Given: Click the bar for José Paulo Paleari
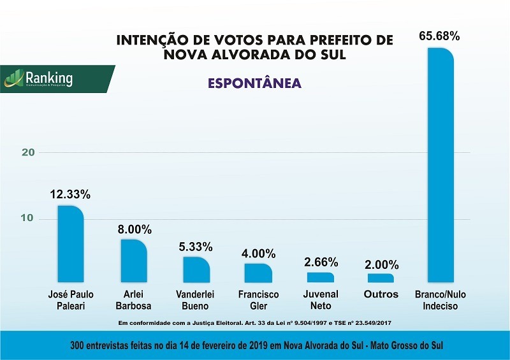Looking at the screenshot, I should [x=71, y=244].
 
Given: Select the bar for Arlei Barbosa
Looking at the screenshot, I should [x=134, y=261].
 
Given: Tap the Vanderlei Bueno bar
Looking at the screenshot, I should [x=196, y=270].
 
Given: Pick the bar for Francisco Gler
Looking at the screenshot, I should [x=258, y=273].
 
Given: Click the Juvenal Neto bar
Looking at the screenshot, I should [x=320, y=277].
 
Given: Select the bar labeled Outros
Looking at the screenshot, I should [x=381, y=278].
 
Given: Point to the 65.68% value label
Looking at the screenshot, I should [x=439, y=36].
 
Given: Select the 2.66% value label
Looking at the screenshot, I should [x=321, y=262].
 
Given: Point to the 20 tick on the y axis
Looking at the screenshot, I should [x=27, y=152].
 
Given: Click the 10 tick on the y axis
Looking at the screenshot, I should [x=27, y=219].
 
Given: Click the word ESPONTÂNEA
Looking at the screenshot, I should [x=254, y=83].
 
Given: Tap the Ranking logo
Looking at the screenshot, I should [x=48, y=79].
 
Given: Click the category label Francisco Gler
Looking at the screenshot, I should [x=258, y=300].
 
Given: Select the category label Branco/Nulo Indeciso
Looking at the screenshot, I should [x=441, y=300].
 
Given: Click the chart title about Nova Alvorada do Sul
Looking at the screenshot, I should [x=254, y=48].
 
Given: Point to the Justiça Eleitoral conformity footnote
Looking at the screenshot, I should [x=255, y=323].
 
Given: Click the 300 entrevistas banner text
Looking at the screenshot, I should [x=255, y=345].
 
